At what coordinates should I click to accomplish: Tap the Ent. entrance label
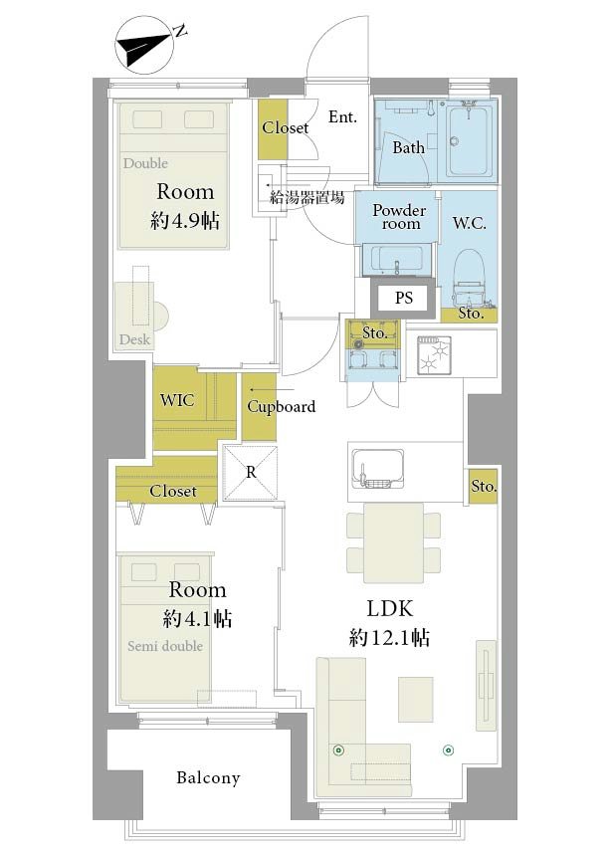click(x=342, y=116)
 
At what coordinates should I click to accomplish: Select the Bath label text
click(x=409, y=147)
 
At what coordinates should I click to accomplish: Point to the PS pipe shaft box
click(x=404, y=298)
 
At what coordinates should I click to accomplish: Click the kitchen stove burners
click(x=434, y=355)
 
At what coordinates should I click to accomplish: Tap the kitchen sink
click(x=377, y=469)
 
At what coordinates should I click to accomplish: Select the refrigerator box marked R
click(x=251, y=473)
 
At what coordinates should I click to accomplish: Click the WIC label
click(x=177, y=400)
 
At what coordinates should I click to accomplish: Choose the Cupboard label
click(x=281, y=407)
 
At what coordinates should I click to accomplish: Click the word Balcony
click(x=208, y=777)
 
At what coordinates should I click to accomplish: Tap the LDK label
click(x=389, y=609)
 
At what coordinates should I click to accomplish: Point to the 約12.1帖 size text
click(x=389, y=638)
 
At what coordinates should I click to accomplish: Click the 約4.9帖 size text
click(x=185, y=221)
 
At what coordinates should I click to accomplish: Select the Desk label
click(x=134, y=339)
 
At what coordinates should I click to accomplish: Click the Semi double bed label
click(x=165, y=646)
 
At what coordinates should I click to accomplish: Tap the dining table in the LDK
click(x=393, y=542)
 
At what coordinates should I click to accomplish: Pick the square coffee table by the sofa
click(x=416, y=699)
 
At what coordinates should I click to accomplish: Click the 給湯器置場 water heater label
click(x=306, y=197)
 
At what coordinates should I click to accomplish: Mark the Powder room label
click(x=399, y=217)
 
